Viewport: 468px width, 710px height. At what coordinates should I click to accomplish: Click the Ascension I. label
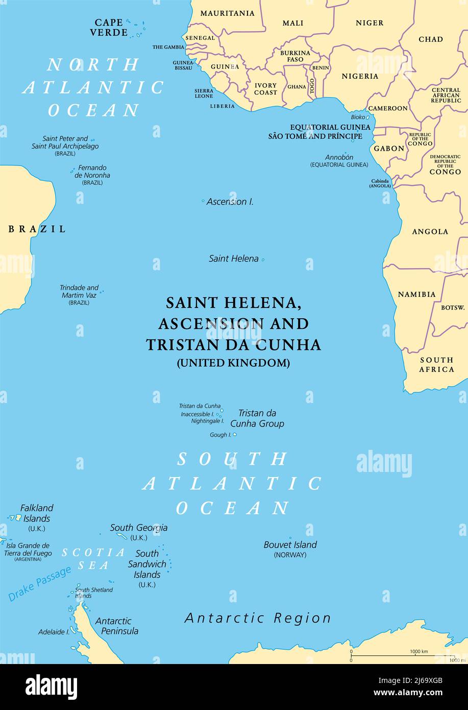[x=230, y=202]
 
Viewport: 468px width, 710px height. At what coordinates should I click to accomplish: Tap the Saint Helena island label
[x=234, y=258]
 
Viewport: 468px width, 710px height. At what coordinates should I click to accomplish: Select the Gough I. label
[x=220, y=435]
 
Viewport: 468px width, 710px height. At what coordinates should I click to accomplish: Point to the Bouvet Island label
[x=290, y=545]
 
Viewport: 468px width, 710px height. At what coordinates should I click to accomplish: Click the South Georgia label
[x=139, y=528]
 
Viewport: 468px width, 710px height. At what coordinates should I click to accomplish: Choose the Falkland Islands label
[x=37, y=513]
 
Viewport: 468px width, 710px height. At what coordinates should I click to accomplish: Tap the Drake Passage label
[x=40, y=583]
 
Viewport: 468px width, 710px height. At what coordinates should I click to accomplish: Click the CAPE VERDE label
[x=109, y=28]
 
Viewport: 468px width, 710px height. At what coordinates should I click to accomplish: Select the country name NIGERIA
[x=360, y=76]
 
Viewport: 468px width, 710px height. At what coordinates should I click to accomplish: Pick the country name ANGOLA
[x=430, y=231]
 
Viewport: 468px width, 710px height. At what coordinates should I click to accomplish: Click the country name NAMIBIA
[x=416, y=294]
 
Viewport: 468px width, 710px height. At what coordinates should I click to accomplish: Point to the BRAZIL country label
[x=37, y=229]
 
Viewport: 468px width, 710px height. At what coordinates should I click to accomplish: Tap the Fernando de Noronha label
[x=92, y=172]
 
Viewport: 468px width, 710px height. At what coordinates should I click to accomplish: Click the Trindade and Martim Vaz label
[x=79, y=292]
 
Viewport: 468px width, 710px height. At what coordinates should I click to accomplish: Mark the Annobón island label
[x=339, y=157]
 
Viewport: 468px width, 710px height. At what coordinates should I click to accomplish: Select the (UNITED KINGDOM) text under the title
[x=233, y=363]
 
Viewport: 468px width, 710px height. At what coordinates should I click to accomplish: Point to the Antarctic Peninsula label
[x=116, y=626]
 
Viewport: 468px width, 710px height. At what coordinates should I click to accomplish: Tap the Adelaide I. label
[x=54, y=632]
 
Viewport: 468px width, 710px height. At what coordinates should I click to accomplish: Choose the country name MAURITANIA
[x=227, y=13]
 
